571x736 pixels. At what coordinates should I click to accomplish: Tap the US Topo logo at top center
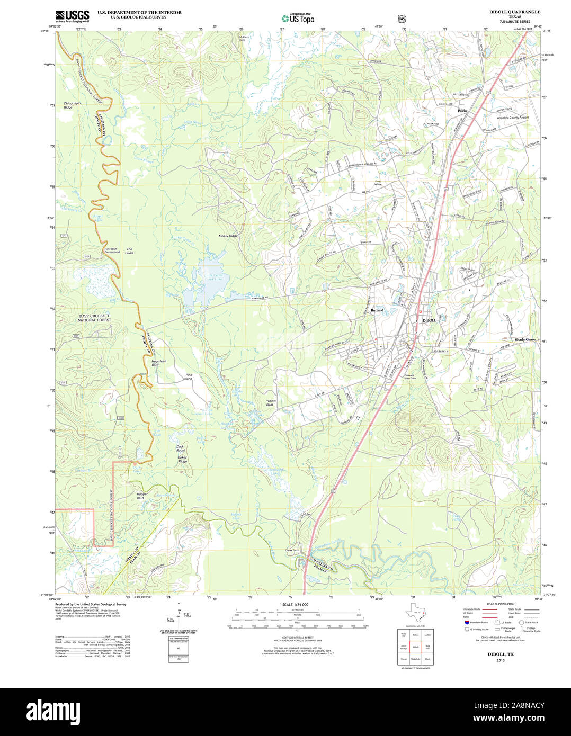pos(298,18)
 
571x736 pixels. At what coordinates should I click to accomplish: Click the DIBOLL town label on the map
pos(430,320)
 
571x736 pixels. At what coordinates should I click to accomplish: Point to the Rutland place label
pos(377,310)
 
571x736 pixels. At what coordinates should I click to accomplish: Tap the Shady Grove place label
pos(525,339)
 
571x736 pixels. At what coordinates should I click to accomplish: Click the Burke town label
pos(462,111)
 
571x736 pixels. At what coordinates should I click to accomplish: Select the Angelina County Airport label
pos(512,118)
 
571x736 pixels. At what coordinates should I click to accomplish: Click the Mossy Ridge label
pos(228,236)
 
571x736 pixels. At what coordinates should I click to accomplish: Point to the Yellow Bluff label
pos(271,402)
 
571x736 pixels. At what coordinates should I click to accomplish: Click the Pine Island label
pos(188,377)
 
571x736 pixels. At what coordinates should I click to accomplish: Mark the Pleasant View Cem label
pos(411,377)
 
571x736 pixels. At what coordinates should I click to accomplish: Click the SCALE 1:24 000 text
pos(295,604)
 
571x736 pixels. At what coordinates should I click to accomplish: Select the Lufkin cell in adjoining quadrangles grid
pos(427,634)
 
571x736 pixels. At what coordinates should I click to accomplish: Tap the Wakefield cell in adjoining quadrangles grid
pos(415,659)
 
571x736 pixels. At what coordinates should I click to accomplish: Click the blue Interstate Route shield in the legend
pos(467,622)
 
